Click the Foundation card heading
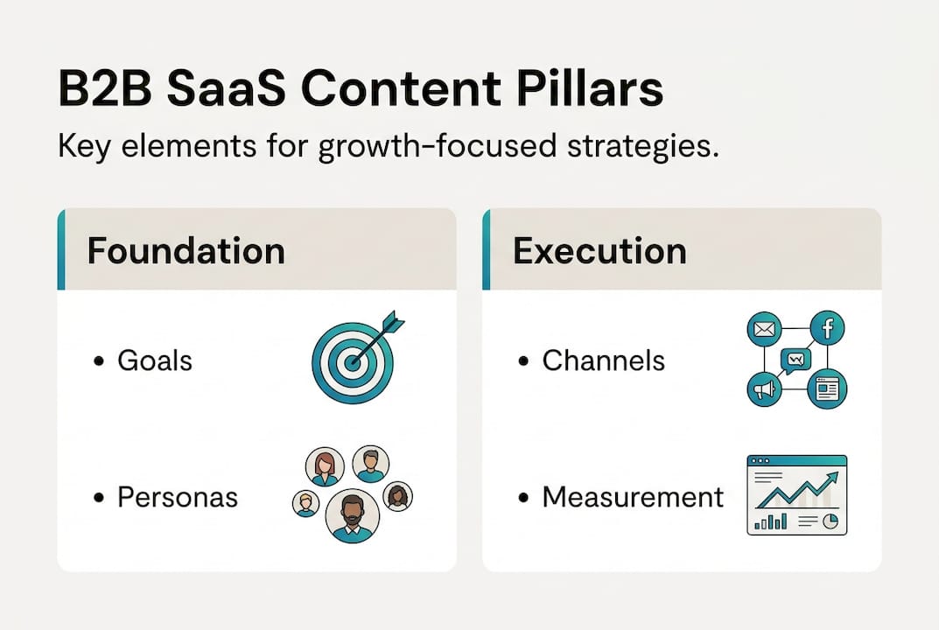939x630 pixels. [x=186, y=251]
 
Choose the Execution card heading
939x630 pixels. [x=599, y=251]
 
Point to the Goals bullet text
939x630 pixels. [x=155, y=360]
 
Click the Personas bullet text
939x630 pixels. [x=178, y=497]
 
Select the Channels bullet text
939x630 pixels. [x=603, y=360]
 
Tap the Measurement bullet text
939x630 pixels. [x=633, y=497]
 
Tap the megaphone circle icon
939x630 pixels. [x=763, y=389]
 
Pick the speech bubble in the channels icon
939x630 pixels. [x=795, y=360]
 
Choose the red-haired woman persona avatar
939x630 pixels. [x=325, y=467]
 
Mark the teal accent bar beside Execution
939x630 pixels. [x=487, y=249]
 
